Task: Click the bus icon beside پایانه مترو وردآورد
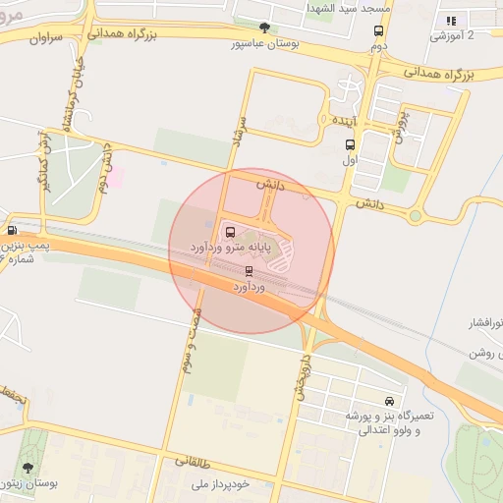(230, 233)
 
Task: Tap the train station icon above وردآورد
(249, 271)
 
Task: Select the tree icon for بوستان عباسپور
(263, 28)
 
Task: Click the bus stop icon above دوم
(378, 30)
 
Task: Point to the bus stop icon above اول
(350, 144)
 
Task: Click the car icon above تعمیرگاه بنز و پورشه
(390, 402)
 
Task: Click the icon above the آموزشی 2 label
(451, 21)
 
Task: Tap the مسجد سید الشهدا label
(349, 8)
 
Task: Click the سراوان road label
(46, 39)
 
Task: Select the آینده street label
(344, 120)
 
